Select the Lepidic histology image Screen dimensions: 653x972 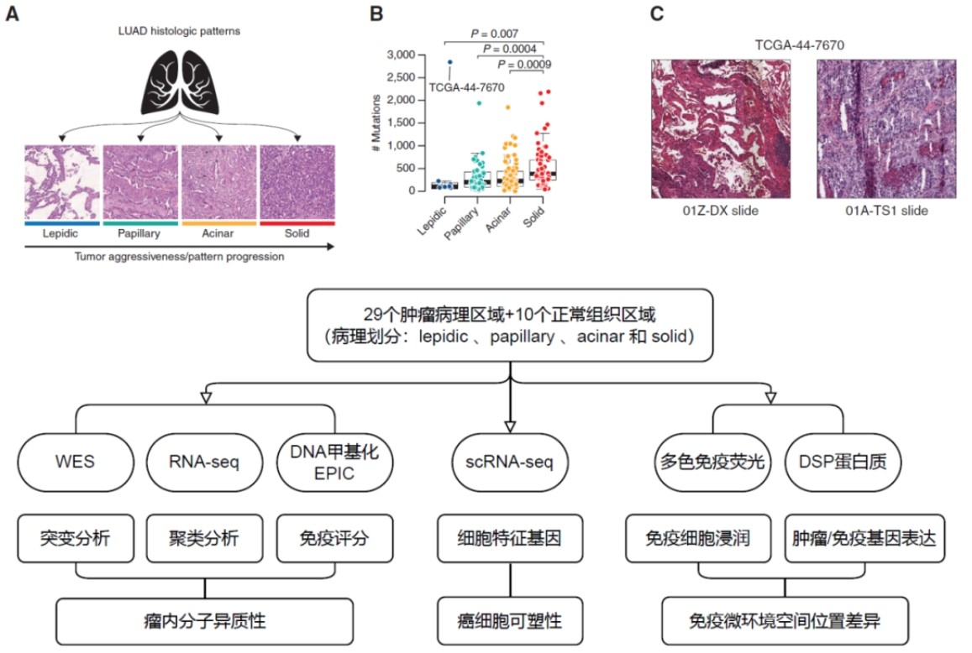[61, 182]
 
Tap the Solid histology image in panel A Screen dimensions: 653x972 [297, 182]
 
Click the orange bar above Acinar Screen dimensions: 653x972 [219, 223]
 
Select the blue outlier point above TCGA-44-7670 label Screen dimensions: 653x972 [449, 62]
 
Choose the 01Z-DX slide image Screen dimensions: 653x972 [721, 128]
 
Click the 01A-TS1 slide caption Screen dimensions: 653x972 [886, 211]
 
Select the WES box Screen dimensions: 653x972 [75, 461]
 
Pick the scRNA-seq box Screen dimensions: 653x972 [510, 461]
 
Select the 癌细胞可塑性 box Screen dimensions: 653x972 [510, 622]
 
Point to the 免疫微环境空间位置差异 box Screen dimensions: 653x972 [785, 622]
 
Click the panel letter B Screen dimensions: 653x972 [376, 14]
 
